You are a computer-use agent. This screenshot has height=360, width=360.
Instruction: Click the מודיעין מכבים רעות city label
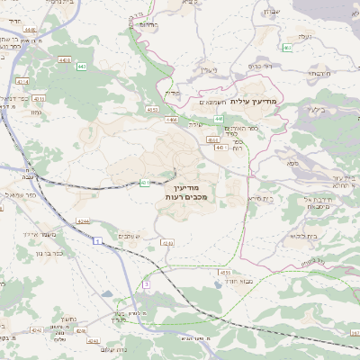[x=187, y=190]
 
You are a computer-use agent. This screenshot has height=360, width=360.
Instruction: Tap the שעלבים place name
[x=129, y=236]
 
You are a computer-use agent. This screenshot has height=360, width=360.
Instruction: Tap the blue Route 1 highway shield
[x=95, y=242]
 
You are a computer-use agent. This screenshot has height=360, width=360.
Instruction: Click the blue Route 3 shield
[x=146, y=284]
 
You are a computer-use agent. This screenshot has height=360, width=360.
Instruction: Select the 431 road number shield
[x=145, y=183]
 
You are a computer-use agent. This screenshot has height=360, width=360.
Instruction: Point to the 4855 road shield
[x=224, y=271]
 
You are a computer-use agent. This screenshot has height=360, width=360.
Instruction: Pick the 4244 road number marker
[x=83, y=220]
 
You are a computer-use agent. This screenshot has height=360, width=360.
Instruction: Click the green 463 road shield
[x=287, y=47]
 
